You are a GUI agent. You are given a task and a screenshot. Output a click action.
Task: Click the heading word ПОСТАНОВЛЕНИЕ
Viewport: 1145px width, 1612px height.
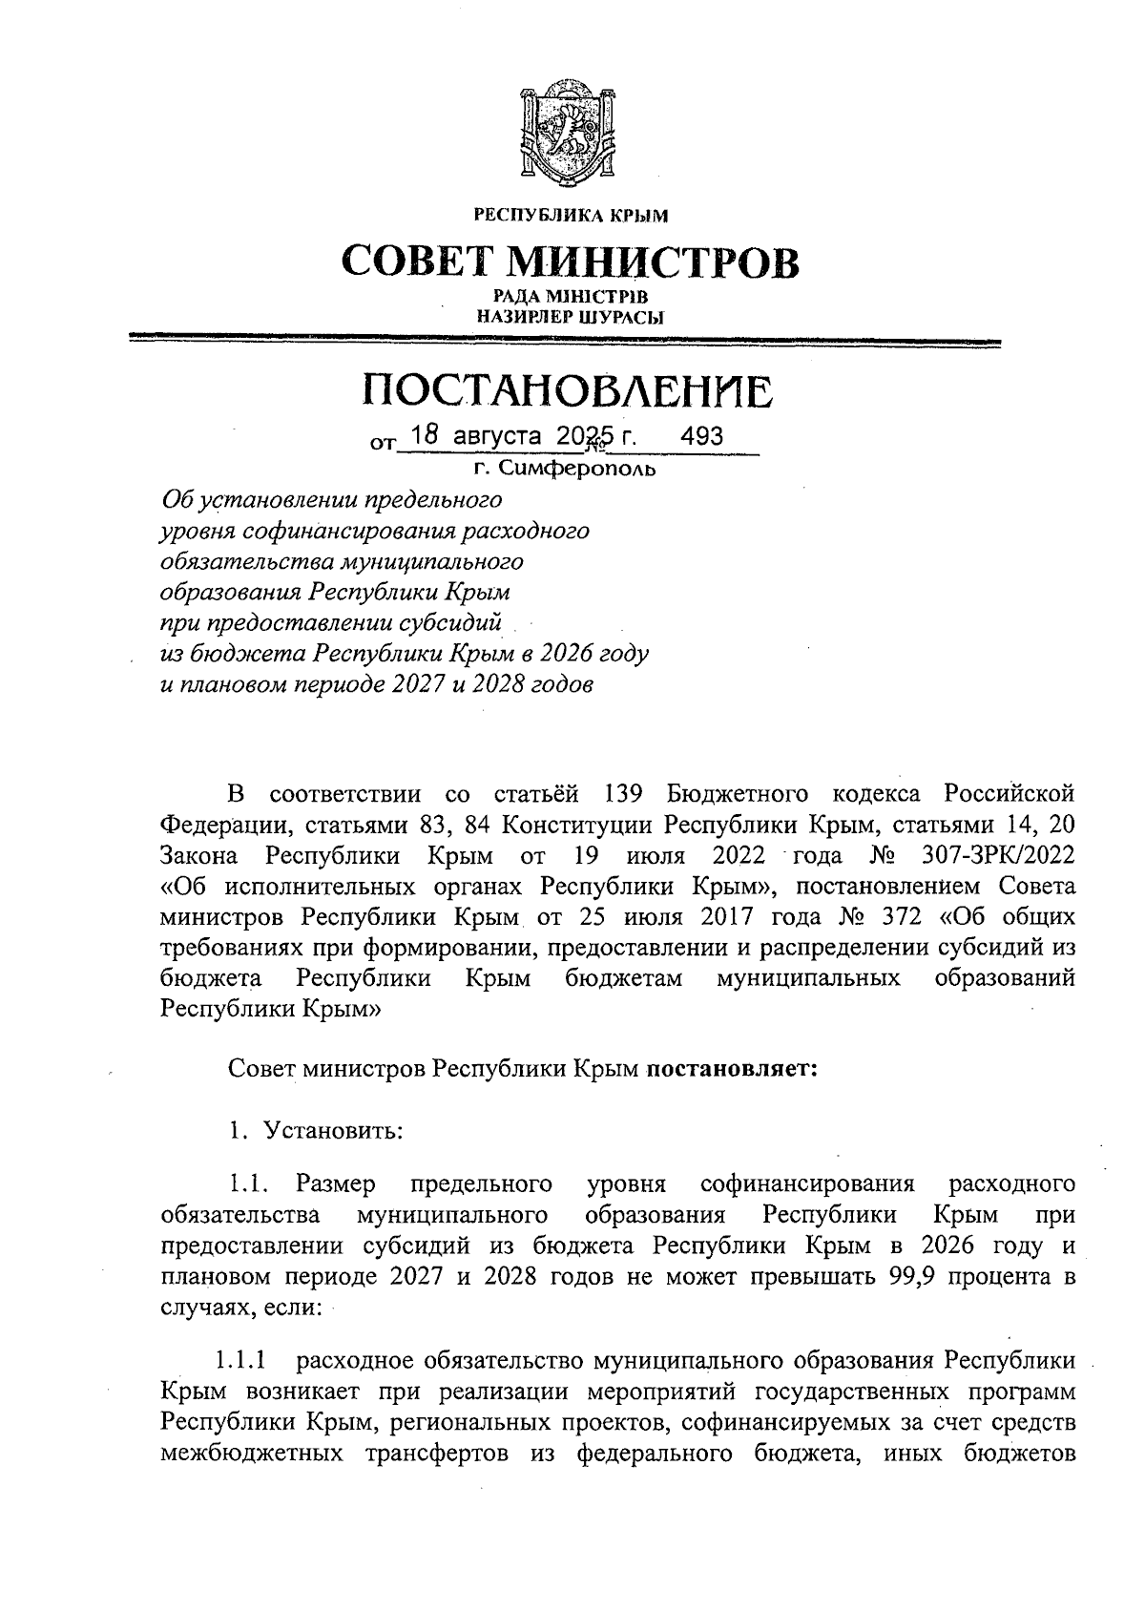[570, 392]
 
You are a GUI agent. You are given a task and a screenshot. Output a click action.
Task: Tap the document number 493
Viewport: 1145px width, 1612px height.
[701, 436]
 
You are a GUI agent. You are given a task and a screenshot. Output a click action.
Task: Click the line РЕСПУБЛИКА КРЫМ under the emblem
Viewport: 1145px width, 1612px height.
[571, 218]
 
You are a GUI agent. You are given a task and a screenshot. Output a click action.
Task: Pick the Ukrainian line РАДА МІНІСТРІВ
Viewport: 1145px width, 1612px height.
[571, 298]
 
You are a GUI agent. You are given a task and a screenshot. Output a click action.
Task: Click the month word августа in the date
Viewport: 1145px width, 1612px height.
[496, 437]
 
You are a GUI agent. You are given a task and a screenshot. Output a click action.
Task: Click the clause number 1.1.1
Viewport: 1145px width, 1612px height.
[241, 1359]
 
